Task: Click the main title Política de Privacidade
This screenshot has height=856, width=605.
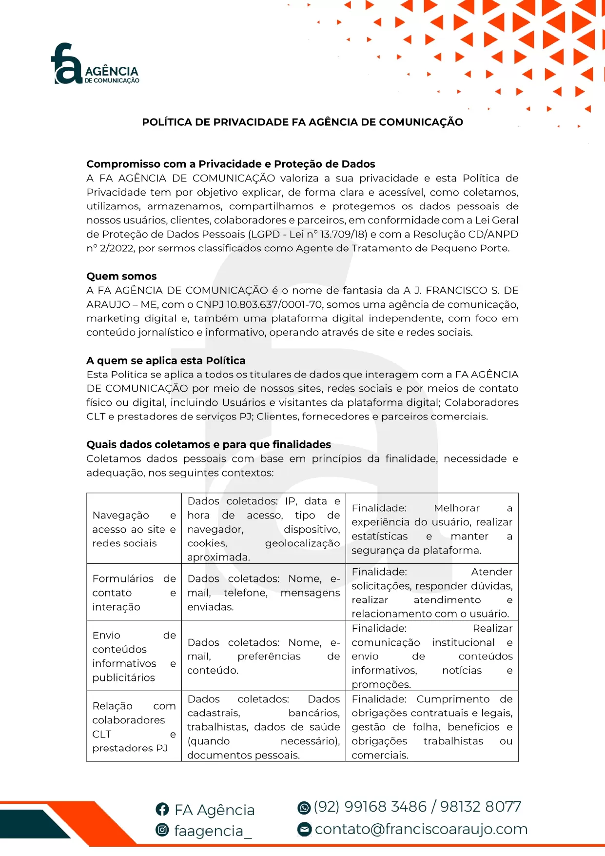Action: click(x=302, y=122)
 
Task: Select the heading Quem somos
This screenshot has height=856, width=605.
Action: click(x=121, y=276)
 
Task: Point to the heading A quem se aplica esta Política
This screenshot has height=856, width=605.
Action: click(x=166, y=360)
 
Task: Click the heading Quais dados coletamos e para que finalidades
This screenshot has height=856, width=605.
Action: click(x=209, y=444)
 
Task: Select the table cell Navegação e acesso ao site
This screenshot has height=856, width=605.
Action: click(x=134, y=529)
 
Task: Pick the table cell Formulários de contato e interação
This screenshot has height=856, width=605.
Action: click(x=134, y=592)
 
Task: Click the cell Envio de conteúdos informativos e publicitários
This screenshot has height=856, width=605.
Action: click(x=134, y=656)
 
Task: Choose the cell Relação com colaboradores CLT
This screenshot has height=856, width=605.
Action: click(x=134, y=726)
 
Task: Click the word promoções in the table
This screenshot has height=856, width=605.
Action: click(x=381, y=684)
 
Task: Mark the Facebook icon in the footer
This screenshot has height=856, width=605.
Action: click(x=162, y=809)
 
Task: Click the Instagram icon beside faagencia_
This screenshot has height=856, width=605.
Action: click(x=162, y=830)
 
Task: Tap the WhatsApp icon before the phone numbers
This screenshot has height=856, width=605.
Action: click(x=304, y=808)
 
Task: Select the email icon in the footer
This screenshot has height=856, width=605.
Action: click(x=305, y=829)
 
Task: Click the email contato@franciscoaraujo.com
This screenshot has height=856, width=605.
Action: click(x=421, y=829)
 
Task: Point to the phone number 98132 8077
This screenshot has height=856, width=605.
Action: click(x=481, y=807)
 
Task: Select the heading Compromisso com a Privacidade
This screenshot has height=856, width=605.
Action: click(x=231, y=164)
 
